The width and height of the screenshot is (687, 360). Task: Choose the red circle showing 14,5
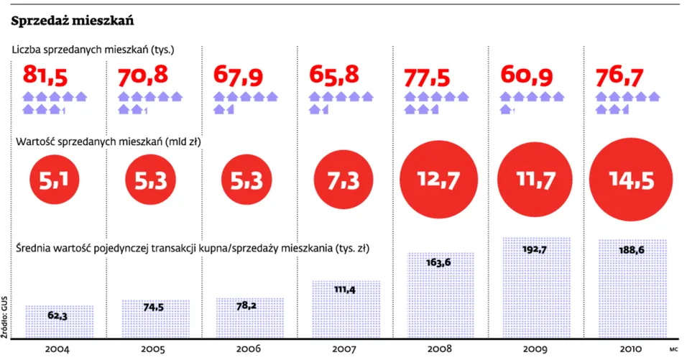coord(631,180)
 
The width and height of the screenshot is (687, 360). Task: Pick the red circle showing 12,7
coord(439,180)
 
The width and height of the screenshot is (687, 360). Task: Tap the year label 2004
coord(57,349)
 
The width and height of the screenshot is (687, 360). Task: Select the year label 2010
coord(630,349)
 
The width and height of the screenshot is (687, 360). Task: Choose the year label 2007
coord(344,349)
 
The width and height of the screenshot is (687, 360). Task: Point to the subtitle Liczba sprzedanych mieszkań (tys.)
coord(93,50)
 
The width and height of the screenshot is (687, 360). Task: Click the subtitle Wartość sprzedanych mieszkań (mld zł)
coord(108,142)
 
